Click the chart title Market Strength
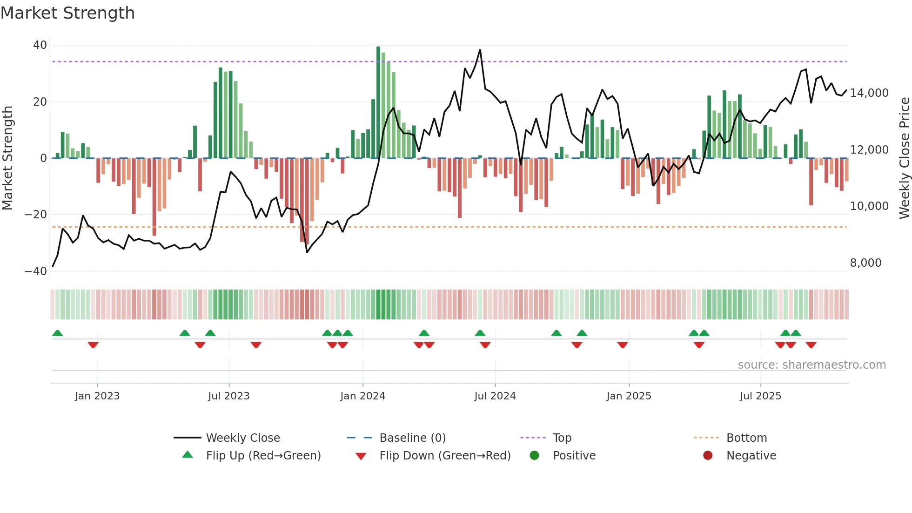[67, 13]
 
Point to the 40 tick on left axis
[40, 45]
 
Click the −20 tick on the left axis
[36, 215]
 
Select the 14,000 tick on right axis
[869, 93]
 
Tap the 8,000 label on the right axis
[865, 263]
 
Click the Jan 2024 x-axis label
[362, 396]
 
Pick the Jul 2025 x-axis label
[760, 396]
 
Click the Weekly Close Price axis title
[904, 158]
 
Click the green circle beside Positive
[534, 455]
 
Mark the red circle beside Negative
[708, 455]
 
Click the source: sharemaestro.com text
[811, 365]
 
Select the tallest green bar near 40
[378, 102]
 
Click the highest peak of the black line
[480, 50]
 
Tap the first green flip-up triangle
[58, 333]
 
